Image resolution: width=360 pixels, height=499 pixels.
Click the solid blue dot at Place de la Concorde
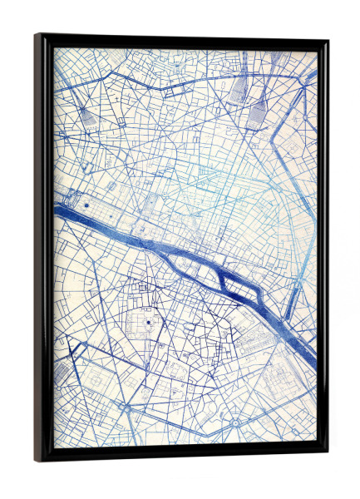[x=86, y=202]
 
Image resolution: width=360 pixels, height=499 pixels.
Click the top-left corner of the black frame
[x=37, y=36]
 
